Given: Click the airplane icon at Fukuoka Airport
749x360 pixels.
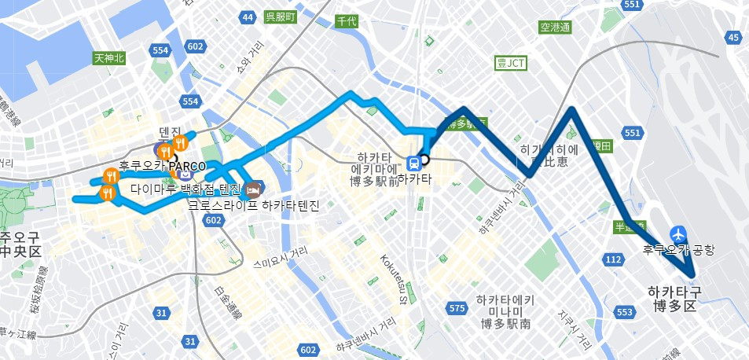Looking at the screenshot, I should [x=678, y=234].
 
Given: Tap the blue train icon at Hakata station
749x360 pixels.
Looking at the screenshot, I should [x=413, y=163].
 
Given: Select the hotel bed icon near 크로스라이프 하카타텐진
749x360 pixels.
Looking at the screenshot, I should [x=252, y=189].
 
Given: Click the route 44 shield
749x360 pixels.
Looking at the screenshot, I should [x=248, y=17].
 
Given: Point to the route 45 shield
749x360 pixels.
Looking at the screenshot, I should [x=733, y=37].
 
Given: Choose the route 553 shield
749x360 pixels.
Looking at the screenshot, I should [x=625, y=313].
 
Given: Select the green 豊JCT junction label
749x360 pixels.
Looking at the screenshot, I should [x=512, y=63].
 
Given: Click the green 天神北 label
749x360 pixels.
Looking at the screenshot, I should [x=109, y=57].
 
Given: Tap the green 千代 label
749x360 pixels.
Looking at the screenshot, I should [x=346, y=21].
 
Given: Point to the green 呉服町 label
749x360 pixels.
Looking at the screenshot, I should [x=280, y=17].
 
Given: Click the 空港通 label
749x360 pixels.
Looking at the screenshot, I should [x=555, y=28].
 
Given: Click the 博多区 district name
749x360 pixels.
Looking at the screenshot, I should [x=675, y=307].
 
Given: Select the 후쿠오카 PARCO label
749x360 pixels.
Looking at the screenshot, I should [x=162, y=167].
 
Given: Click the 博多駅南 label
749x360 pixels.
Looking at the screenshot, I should [x=505, y=323].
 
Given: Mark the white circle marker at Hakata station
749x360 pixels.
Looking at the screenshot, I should [x=424, y=160].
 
